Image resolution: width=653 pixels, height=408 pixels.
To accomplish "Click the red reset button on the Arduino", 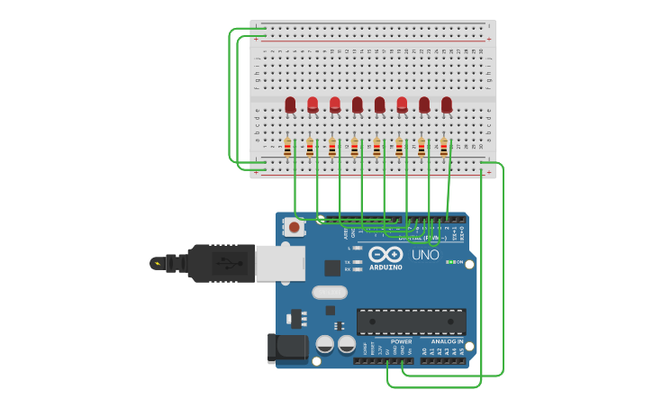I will click(x=295, y=228).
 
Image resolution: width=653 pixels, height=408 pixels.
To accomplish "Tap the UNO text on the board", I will click(x=425, y=255).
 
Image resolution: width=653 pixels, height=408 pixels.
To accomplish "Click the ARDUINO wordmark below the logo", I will click(x=385, y=267).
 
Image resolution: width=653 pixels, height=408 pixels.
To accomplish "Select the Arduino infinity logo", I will click(x=385, y=255).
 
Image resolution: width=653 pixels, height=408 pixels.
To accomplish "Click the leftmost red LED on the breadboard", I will click(x=290, y=105).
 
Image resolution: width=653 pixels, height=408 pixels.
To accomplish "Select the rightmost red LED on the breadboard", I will click(x=447, y=105).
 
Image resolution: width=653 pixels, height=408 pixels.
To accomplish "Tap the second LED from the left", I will click(x=313, y=105).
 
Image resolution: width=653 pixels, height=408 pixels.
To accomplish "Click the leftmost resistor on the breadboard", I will click(x=287, y=147).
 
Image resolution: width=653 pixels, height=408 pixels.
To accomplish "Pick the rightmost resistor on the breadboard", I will click(x=443, y=147).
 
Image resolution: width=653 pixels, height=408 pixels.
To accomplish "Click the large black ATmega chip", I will click(x=412, y=322).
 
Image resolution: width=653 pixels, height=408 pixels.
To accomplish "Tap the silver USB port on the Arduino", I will click(x=280, y=263).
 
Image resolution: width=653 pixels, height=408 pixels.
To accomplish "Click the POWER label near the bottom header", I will click(x=401, y=342).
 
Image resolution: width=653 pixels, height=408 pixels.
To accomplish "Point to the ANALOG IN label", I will click(x=447, y=342).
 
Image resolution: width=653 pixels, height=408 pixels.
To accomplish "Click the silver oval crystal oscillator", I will click(x=330, y=292).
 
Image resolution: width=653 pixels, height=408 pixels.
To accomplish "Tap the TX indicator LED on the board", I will click(x=358, y=262).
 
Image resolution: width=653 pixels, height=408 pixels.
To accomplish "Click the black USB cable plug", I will click(x=221, y=263).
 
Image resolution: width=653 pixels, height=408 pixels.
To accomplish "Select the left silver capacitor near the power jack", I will click(x=324, y=344).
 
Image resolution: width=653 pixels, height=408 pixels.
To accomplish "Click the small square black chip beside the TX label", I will click(x=332, y=267).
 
